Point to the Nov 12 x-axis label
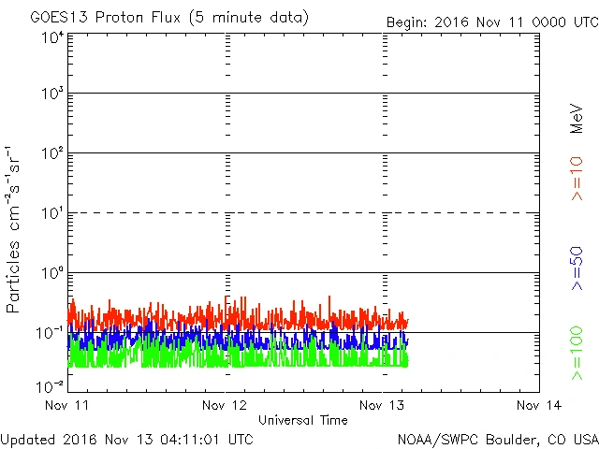[225, 406]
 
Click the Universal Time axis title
[302, 420]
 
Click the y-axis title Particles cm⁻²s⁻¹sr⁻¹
[14, 228]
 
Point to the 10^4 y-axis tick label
[51, 37]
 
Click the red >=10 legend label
[577, 178]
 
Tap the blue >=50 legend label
[577, 268]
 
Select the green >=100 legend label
[577, 355]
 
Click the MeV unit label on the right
[577, 119]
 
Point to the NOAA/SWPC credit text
[497, 439]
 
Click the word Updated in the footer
[28, 439]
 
